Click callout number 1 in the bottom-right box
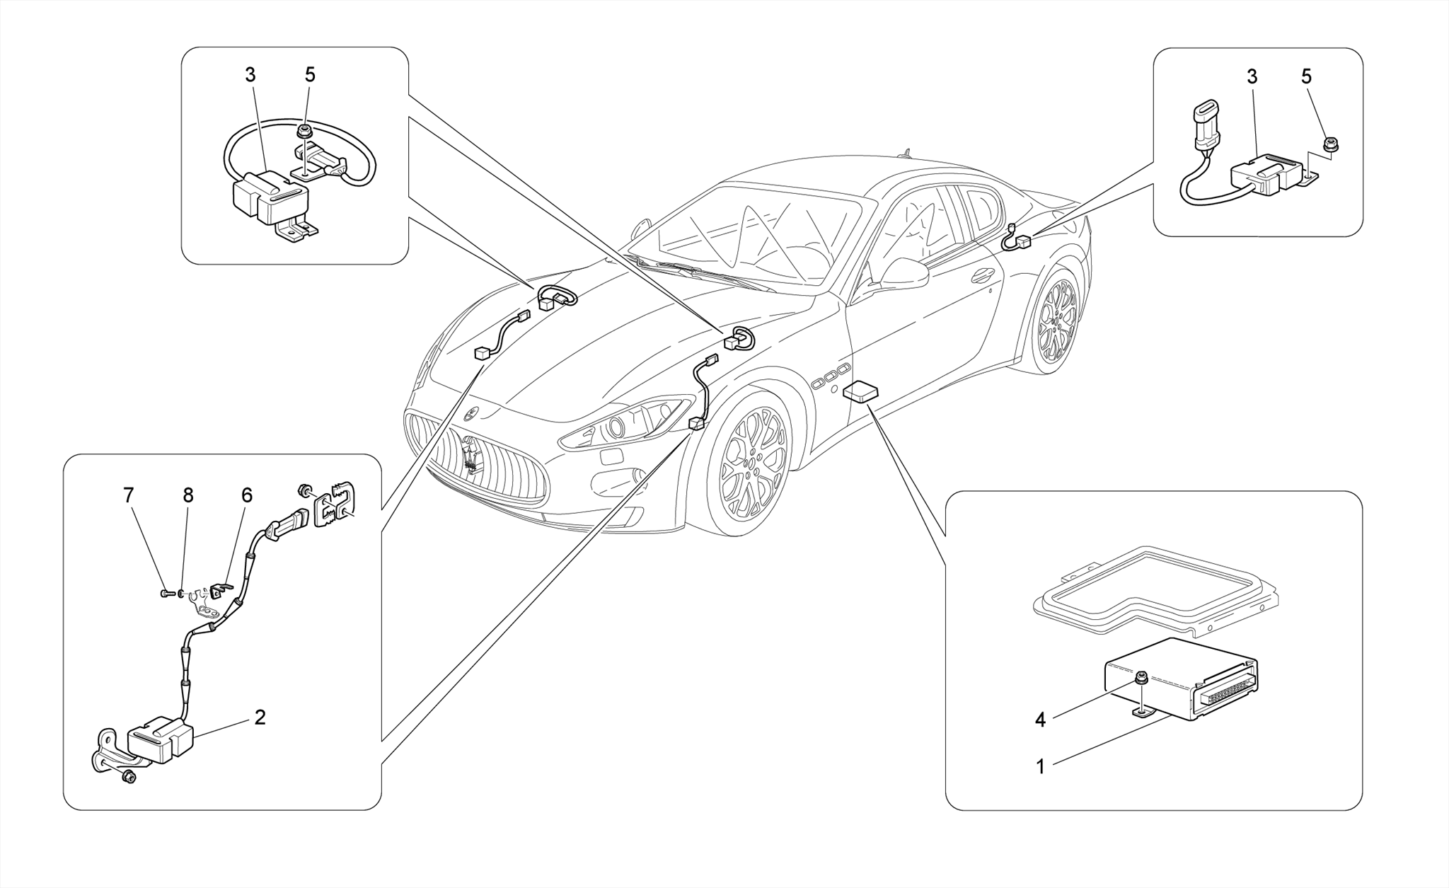(x=1040, y=766)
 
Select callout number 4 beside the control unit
(x=1040, y=720)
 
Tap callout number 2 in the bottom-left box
(x=260, y=717)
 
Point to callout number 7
(x=128, y=495)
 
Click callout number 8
(x=187, y=495)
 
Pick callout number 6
(x=246, y=495)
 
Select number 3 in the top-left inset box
(x=250, y=75)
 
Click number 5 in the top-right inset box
(x=1306, y=76)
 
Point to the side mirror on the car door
(x=906, y=273)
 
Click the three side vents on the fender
(x=831, y=376)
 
